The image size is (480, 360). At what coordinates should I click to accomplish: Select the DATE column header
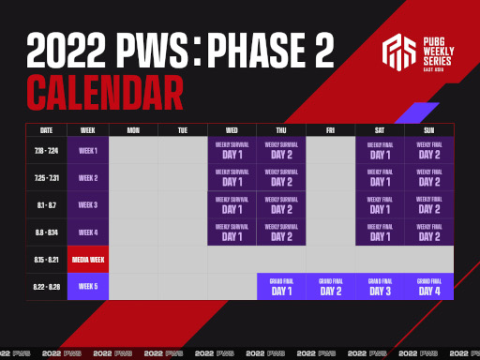[46, 129]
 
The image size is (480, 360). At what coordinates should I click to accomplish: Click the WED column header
[232, 129]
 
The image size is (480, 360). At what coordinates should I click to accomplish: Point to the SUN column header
[428, 129]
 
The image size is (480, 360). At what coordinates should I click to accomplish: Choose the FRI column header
[330, 129]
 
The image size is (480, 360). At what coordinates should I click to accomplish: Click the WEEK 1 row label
[88, 150]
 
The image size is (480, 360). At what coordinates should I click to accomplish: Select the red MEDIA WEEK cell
[88, 259]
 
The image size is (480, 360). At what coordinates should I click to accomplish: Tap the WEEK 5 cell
[88, 286]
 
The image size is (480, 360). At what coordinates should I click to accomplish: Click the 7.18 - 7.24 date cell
[46, 150]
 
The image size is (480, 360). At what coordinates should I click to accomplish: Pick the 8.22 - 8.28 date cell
[46, 286]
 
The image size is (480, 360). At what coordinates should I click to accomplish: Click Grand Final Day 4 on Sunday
[428, 287]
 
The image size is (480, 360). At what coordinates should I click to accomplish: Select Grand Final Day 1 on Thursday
[281, 287]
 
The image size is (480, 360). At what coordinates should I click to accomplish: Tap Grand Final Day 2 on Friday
[330, 287]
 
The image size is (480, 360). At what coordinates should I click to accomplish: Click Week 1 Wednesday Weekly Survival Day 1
[232, 150]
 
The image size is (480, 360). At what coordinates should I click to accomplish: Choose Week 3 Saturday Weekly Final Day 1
[380, 204]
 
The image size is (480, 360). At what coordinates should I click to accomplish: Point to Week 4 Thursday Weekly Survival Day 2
[281, 232]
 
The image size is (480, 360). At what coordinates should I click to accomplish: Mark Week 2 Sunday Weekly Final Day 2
[428, 177]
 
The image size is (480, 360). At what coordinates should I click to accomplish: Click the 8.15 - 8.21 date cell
[46, 259]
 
